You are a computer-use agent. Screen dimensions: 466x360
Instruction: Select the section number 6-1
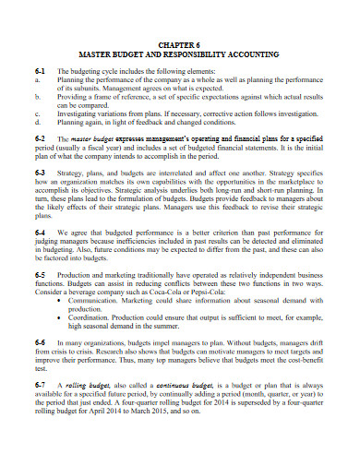(40, 70)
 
